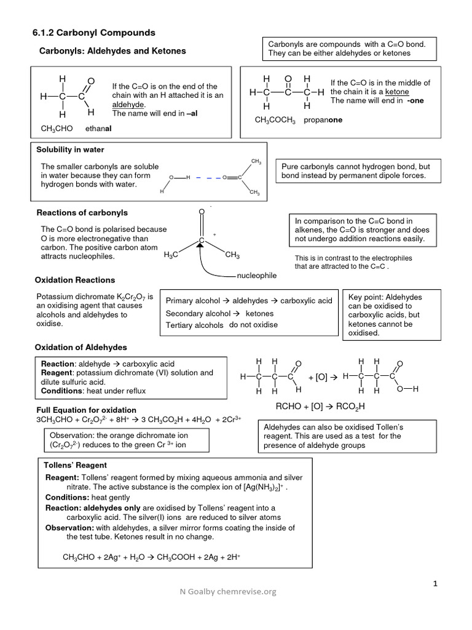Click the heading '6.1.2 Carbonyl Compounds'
point(93,33)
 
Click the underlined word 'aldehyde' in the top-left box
point(128,105)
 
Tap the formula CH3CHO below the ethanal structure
point(57,129)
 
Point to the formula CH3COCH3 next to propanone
point(275,120)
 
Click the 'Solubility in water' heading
point(70,150)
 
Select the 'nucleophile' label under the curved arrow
point(256,275)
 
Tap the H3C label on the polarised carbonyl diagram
point(171,255)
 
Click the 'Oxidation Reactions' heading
point(74,280)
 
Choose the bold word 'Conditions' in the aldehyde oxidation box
point(61,391)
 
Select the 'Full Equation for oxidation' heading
point(86,410)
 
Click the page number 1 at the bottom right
point(435,584)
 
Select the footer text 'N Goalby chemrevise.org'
point(227,592)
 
